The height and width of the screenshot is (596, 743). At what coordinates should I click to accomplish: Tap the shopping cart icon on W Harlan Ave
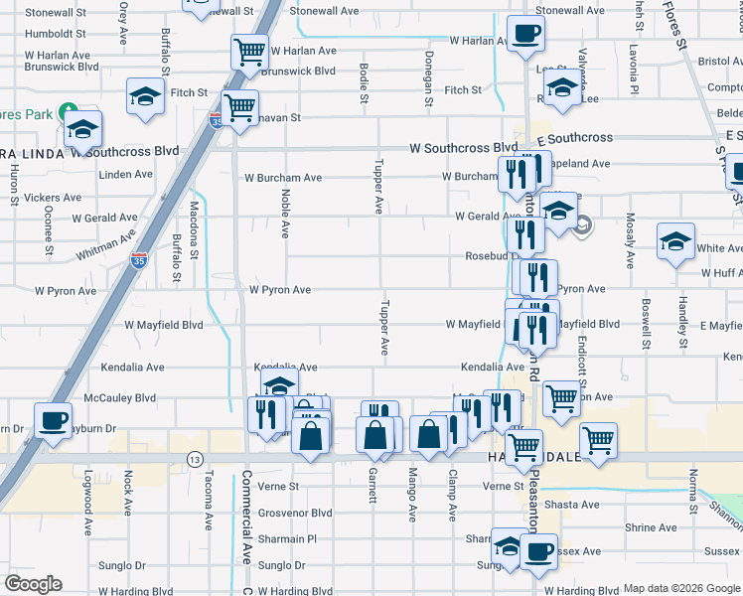(x=249, y=51)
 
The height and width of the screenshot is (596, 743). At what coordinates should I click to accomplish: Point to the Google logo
(x=33, y=583)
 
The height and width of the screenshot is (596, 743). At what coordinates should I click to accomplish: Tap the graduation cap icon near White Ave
(x=675, y=240)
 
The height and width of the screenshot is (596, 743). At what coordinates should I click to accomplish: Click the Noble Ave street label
(x=285, y=214)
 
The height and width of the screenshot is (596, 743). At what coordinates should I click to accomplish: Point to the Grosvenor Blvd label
(x=295, y=513)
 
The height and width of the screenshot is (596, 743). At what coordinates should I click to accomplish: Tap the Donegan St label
(x=428, y=78)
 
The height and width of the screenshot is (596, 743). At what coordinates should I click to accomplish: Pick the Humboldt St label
(x=56, y=32)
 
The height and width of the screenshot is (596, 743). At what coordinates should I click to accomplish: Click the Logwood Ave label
(x=87, y=496)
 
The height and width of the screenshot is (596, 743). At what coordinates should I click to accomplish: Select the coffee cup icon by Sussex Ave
(x=539, y=550)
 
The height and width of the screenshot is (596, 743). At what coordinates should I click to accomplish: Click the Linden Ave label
(x=125, y=174)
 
